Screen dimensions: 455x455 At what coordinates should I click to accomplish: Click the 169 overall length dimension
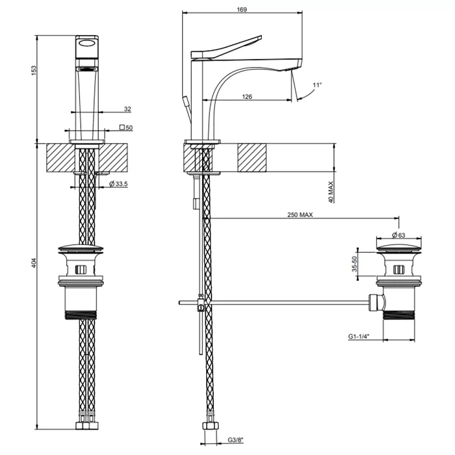point(242,10)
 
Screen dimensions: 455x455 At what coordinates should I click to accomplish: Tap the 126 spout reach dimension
point(247,96)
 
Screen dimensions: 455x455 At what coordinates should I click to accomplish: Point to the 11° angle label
point(317,85)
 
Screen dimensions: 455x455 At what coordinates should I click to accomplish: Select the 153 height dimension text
point(34,71)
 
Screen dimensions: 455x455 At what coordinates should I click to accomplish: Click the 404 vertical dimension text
point(34,263)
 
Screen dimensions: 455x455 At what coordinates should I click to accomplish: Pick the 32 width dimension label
point(127,109)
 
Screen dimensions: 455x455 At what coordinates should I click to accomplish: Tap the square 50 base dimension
point(126,127)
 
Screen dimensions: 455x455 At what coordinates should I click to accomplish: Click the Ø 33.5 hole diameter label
point(118,184)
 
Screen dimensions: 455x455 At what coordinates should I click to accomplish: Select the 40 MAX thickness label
point(331,192)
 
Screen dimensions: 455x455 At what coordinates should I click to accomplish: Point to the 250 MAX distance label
point(300,214)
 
